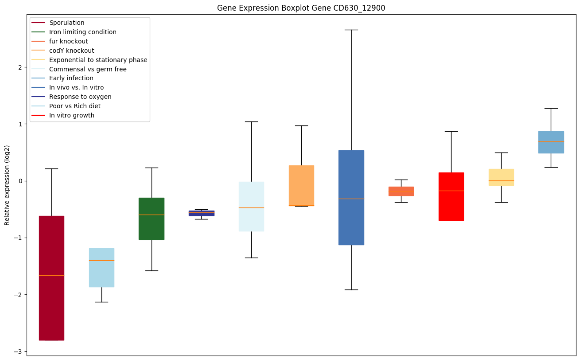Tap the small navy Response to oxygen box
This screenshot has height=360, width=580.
point(202,213)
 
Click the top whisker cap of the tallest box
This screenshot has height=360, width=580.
point(351,30)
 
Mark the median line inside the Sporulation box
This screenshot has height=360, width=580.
point(51,275)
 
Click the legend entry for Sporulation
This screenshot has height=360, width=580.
point(67,23)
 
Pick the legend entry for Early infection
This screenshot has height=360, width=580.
point(71,78)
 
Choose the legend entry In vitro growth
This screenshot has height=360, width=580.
point(72,116)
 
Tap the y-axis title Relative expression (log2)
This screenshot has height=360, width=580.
point(7,185)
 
